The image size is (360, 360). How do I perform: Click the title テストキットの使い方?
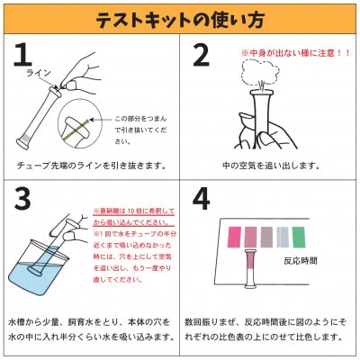[180, 18]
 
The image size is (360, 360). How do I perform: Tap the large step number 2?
[202, 56]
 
